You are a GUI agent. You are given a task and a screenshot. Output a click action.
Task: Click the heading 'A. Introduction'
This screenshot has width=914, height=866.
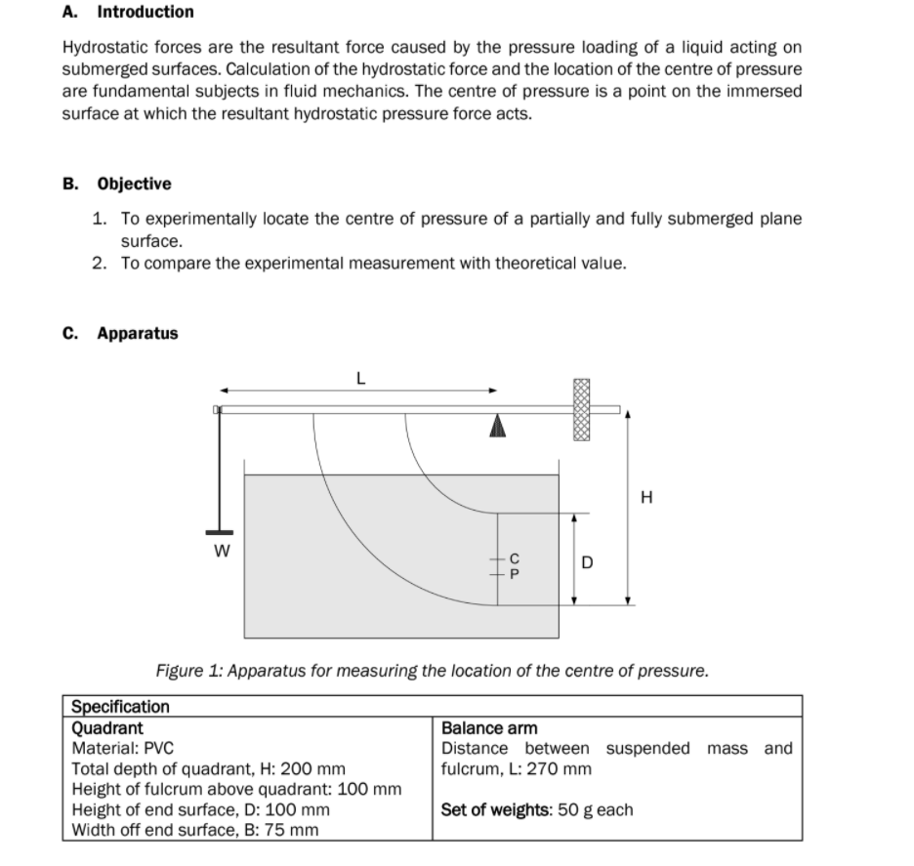(128, 12)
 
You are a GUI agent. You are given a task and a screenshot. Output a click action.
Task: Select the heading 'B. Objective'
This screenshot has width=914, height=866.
(116, 184)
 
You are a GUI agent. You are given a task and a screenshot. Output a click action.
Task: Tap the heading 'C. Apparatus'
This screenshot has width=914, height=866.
(120, 333)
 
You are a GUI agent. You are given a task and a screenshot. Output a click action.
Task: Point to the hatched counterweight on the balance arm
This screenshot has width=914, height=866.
(583, 410)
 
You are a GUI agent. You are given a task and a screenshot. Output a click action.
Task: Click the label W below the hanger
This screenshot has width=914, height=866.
(221, 551)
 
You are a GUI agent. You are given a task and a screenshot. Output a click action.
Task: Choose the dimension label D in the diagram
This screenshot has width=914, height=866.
(587, 561)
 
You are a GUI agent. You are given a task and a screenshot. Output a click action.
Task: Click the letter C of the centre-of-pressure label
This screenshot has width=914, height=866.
(517, 557)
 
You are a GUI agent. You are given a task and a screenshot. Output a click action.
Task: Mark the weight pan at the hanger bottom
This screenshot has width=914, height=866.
(220, 532)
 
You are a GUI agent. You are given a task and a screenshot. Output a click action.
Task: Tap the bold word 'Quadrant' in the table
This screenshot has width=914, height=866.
(107, 727)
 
